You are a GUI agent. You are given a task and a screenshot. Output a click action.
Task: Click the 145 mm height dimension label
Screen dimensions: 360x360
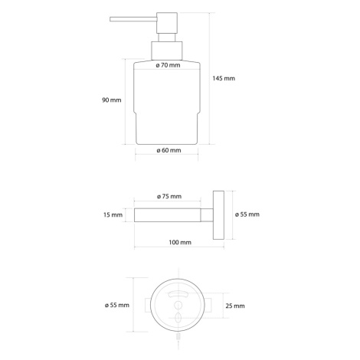[224, 78]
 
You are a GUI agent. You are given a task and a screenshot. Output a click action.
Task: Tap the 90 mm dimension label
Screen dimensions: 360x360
[112, 100]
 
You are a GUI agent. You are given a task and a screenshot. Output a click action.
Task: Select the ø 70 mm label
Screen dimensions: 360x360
[168, 65]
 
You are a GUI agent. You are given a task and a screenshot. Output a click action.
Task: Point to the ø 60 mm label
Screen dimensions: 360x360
[169, 150]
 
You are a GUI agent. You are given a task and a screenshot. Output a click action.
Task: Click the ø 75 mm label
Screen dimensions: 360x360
[169, 196]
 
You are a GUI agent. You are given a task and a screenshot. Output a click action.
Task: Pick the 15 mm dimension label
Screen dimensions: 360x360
[113, 214]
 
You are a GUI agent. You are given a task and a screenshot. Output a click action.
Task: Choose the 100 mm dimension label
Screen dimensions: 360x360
[180, 242]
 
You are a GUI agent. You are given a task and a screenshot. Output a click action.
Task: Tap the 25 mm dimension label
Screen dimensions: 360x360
[235, 306]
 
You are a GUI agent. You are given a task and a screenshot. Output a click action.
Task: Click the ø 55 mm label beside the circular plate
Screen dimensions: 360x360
[117, 305]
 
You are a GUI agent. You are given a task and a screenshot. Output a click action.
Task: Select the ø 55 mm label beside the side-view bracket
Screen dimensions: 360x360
[247, 214]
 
